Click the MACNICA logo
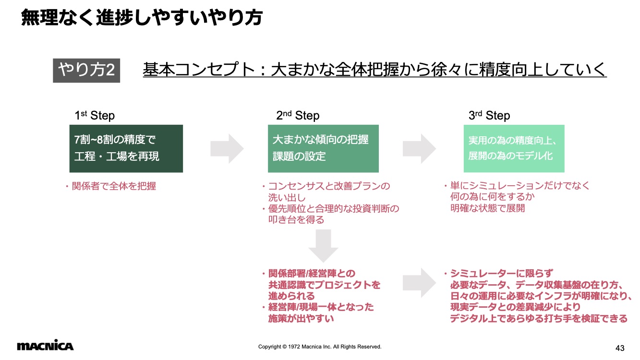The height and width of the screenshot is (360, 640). (45, 345)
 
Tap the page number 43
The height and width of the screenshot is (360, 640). (620, 348)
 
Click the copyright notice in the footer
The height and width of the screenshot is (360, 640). (320, 347)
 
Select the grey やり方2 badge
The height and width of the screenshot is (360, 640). (86, 71)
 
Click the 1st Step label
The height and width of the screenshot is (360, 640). (95, 115)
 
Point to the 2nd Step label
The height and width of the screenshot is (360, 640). (298, 115)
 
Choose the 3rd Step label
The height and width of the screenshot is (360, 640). (489, 115)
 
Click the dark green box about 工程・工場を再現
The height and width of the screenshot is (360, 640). (126, 149)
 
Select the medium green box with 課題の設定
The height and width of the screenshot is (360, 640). (323, 149)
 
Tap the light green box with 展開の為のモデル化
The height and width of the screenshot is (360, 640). (514, 149)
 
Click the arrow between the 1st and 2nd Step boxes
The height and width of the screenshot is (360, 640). (227, 149)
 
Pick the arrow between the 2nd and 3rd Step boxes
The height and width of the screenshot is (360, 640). (419, 149)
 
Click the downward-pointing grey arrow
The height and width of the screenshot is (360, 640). (324, 246)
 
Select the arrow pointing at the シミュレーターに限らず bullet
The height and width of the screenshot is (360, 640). (419, 283)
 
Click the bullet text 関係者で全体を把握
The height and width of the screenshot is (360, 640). (114, 186)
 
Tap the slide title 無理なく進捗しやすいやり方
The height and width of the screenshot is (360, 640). (142, 17)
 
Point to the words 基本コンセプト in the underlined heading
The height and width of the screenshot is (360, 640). (199, 70)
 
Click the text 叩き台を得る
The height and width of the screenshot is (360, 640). (296, 220)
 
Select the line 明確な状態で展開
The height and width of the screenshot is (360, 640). (487, 208)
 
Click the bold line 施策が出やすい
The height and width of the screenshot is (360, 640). (301, 318)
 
